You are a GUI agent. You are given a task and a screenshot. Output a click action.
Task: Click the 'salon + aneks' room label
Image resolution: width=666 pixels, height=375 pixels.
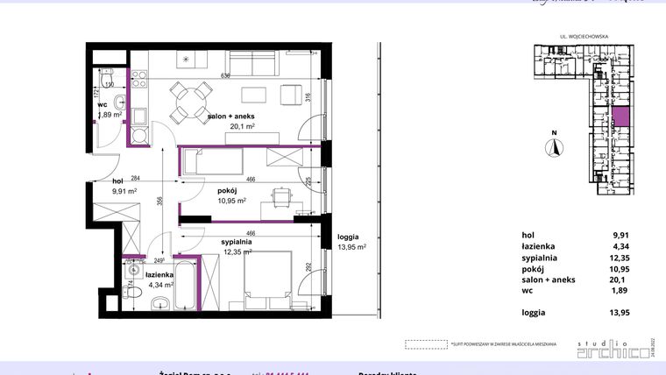pos(231,116)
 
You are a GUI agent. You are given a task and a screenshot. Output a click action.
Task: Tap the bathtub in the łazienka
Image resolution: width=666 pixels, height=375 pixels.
pos(186,285)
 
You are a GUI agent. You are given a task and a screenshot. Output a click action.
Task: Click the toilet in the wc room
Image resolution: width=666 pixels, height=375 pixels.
pos(105,81)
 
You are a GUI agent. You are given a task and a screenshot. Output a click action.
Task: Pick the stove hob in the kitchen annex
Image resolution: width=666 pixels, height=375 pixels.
pos(139,136)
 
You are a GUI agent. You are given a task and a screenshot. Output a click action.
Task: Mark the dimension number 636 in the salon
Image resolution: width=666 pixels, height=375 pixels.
pos(225,76)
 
